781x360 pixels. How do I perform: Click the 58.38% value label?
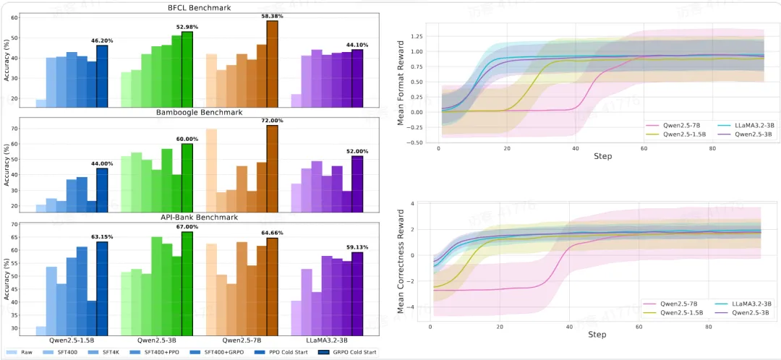click(272, 16)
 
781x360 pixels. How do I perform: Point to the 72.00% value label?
click(272, 121)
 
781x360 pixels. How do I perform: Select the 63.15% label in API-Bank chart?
click(101, 236)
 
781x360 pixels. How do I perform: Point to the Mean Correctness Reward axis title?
click(401, 262)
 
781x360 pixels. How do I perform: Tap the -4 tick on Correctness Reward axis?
click(412, 307)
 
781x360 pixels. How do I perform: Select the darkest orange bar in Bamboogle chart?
click(272, 167)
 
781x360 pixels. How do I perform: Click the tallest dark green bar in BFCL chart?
click(187, 69)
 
